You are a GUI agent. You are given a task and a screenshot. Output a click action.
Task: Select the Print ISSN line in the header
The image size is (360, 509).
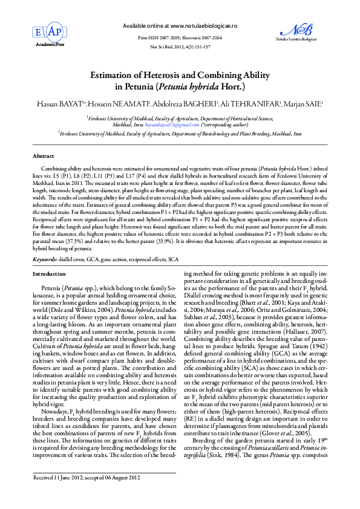tap(179, 37)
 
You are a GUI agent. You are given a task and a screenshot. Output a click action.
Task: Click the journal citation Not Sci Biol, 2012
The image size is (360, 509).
tap(180, 46)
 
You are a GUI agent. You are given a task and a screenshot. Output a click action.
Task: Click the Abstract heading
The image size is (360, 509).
tap(43, 156)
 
